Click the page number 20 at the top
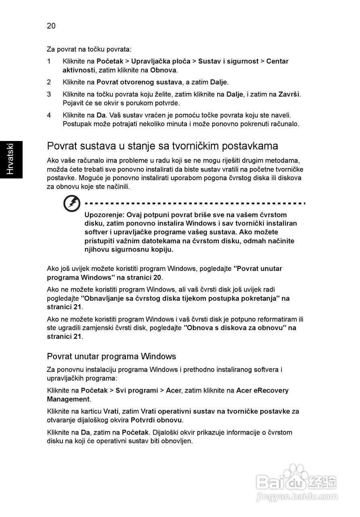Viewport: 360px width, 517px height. [51, 26]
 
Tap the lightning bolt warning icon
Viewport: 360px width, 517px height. [72, 204]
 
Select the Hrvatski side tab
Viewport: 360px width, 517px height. [11, 159]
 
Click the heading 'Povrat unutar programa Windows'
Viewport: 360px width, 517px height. [111, 356]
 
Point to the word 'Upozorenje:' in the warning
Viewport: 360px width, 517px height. [105, 215]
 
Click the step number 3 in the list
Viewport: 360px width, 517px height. [49, 94]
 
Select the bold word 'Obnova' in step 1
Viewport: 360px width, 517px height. [163, 70]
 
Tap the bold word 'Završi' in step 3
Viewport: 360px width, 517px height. [289, 94]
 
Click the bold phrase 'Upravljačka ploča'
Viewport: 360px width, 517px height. [161, 61]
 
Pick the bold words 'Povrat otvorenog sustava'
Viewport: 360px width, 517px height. [139, 82]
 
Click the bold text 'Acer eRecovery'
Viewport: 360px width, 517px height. [262, 390]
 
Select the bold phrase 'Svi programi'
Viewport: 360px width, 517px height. [137, 390]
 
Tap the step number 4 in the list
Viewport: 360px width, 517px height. [49, 115]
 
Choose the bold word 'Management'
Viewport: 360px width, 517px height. [68, 399]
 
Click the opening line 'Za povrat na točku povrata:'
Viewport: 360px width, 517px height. [89, 49]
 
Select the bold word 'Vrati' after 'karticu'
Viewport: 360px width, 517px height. [111, 411]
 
